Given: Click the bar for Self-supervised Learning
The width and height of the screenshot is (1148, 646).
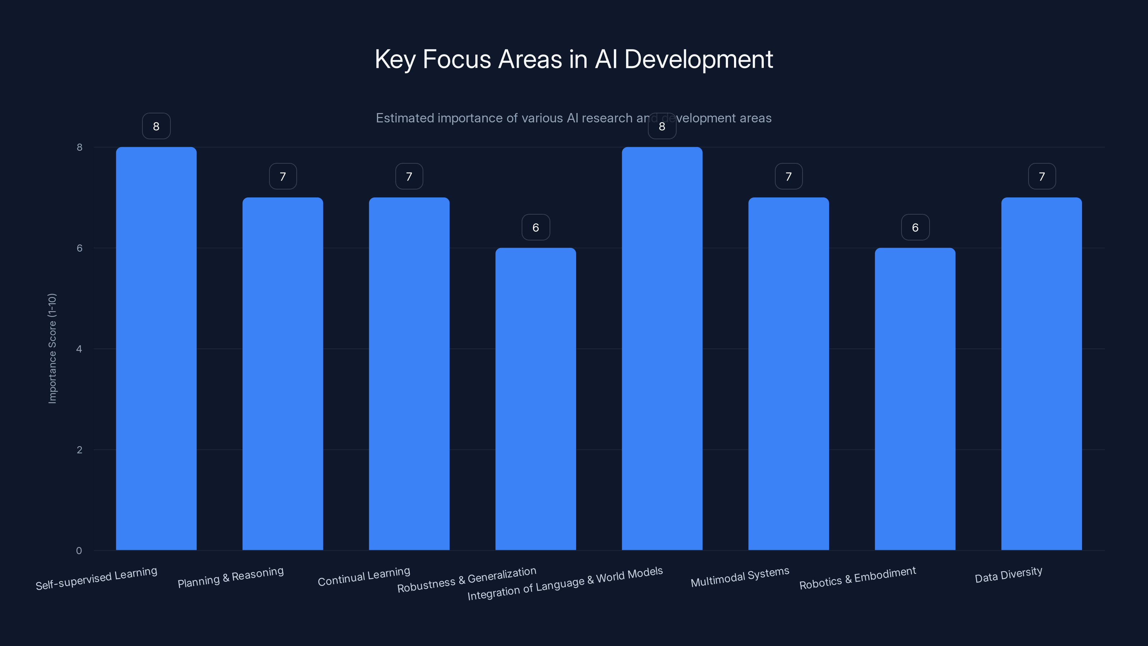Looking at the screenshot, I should [156, 348].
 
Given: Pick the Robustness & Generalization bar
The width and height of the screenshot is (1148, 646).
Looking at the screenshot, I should [536, 399].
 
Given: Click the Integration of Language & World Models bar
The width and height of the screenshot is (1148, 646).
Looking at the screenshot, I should [662, 348].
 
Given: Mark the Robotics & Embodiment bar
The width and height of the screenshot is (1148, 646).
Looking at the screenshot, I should [915, 399].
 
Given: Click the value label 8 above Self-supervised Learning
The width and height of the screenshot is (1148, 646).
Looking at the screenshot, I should [156, 126].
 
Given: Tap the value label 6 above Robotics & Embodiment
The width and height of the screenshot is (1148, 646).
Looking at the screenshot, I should [915, 228].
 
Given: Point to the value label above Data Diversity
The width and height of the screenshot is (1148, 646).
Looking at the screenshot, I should [1041, 177].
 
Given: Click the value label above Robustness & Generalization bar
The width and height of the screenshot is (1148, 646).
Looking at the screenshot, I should [536, 228].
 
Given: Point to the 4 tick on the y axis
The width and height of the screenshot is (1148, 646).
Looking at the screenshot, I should [79, 348].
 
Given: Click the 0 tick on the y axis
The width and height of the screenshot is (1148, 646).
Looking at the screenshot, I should [79, 551].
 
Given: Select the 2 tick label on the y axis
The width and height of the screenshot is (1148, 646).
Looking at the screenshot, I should [79, 450].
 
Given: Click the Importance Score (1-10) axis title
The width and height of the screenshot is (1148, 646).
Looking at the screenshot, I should [52, 348].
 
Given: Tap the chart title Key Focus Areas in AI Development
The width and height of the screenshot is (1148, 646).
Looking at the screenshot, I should [574, 59].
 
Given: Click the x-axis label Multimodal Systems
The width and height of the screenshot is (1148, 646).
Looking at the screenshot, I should [740, 577].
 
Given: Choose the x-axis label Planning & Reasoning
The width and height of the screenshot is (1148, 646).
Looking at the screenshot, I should [230, 577].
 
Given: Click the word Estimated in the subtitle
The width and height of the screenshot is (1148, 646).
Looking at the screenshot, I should [405, 118].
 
